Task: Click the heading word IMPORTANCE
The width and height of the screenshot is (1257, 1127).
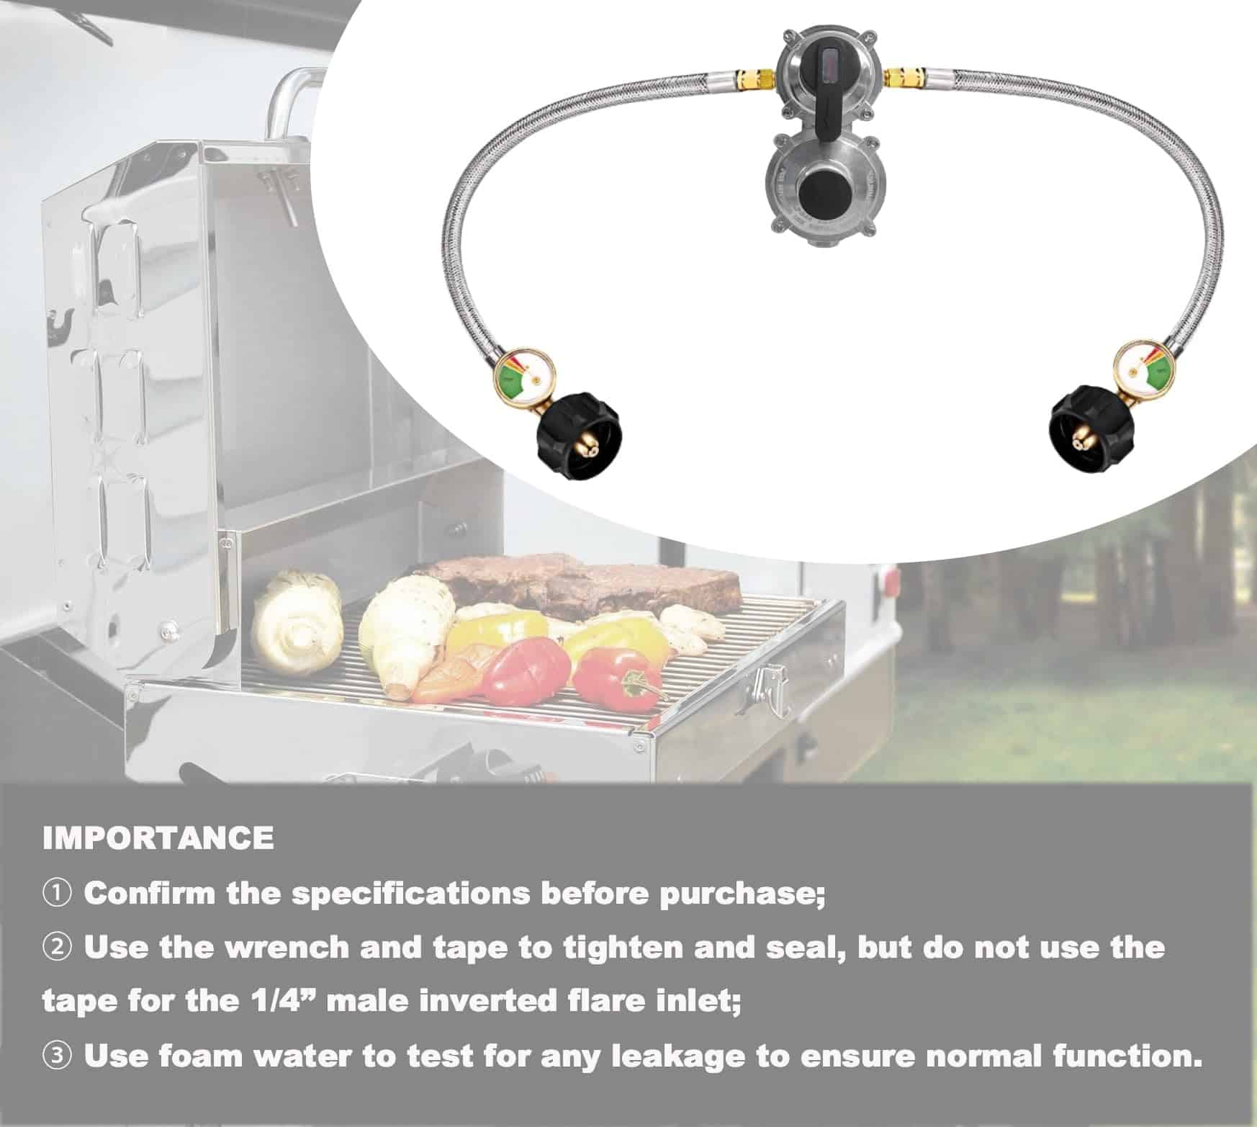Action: click(158, 838)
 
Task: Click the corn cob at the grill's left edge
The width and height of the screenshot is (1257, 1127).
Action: click(297, 620)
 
